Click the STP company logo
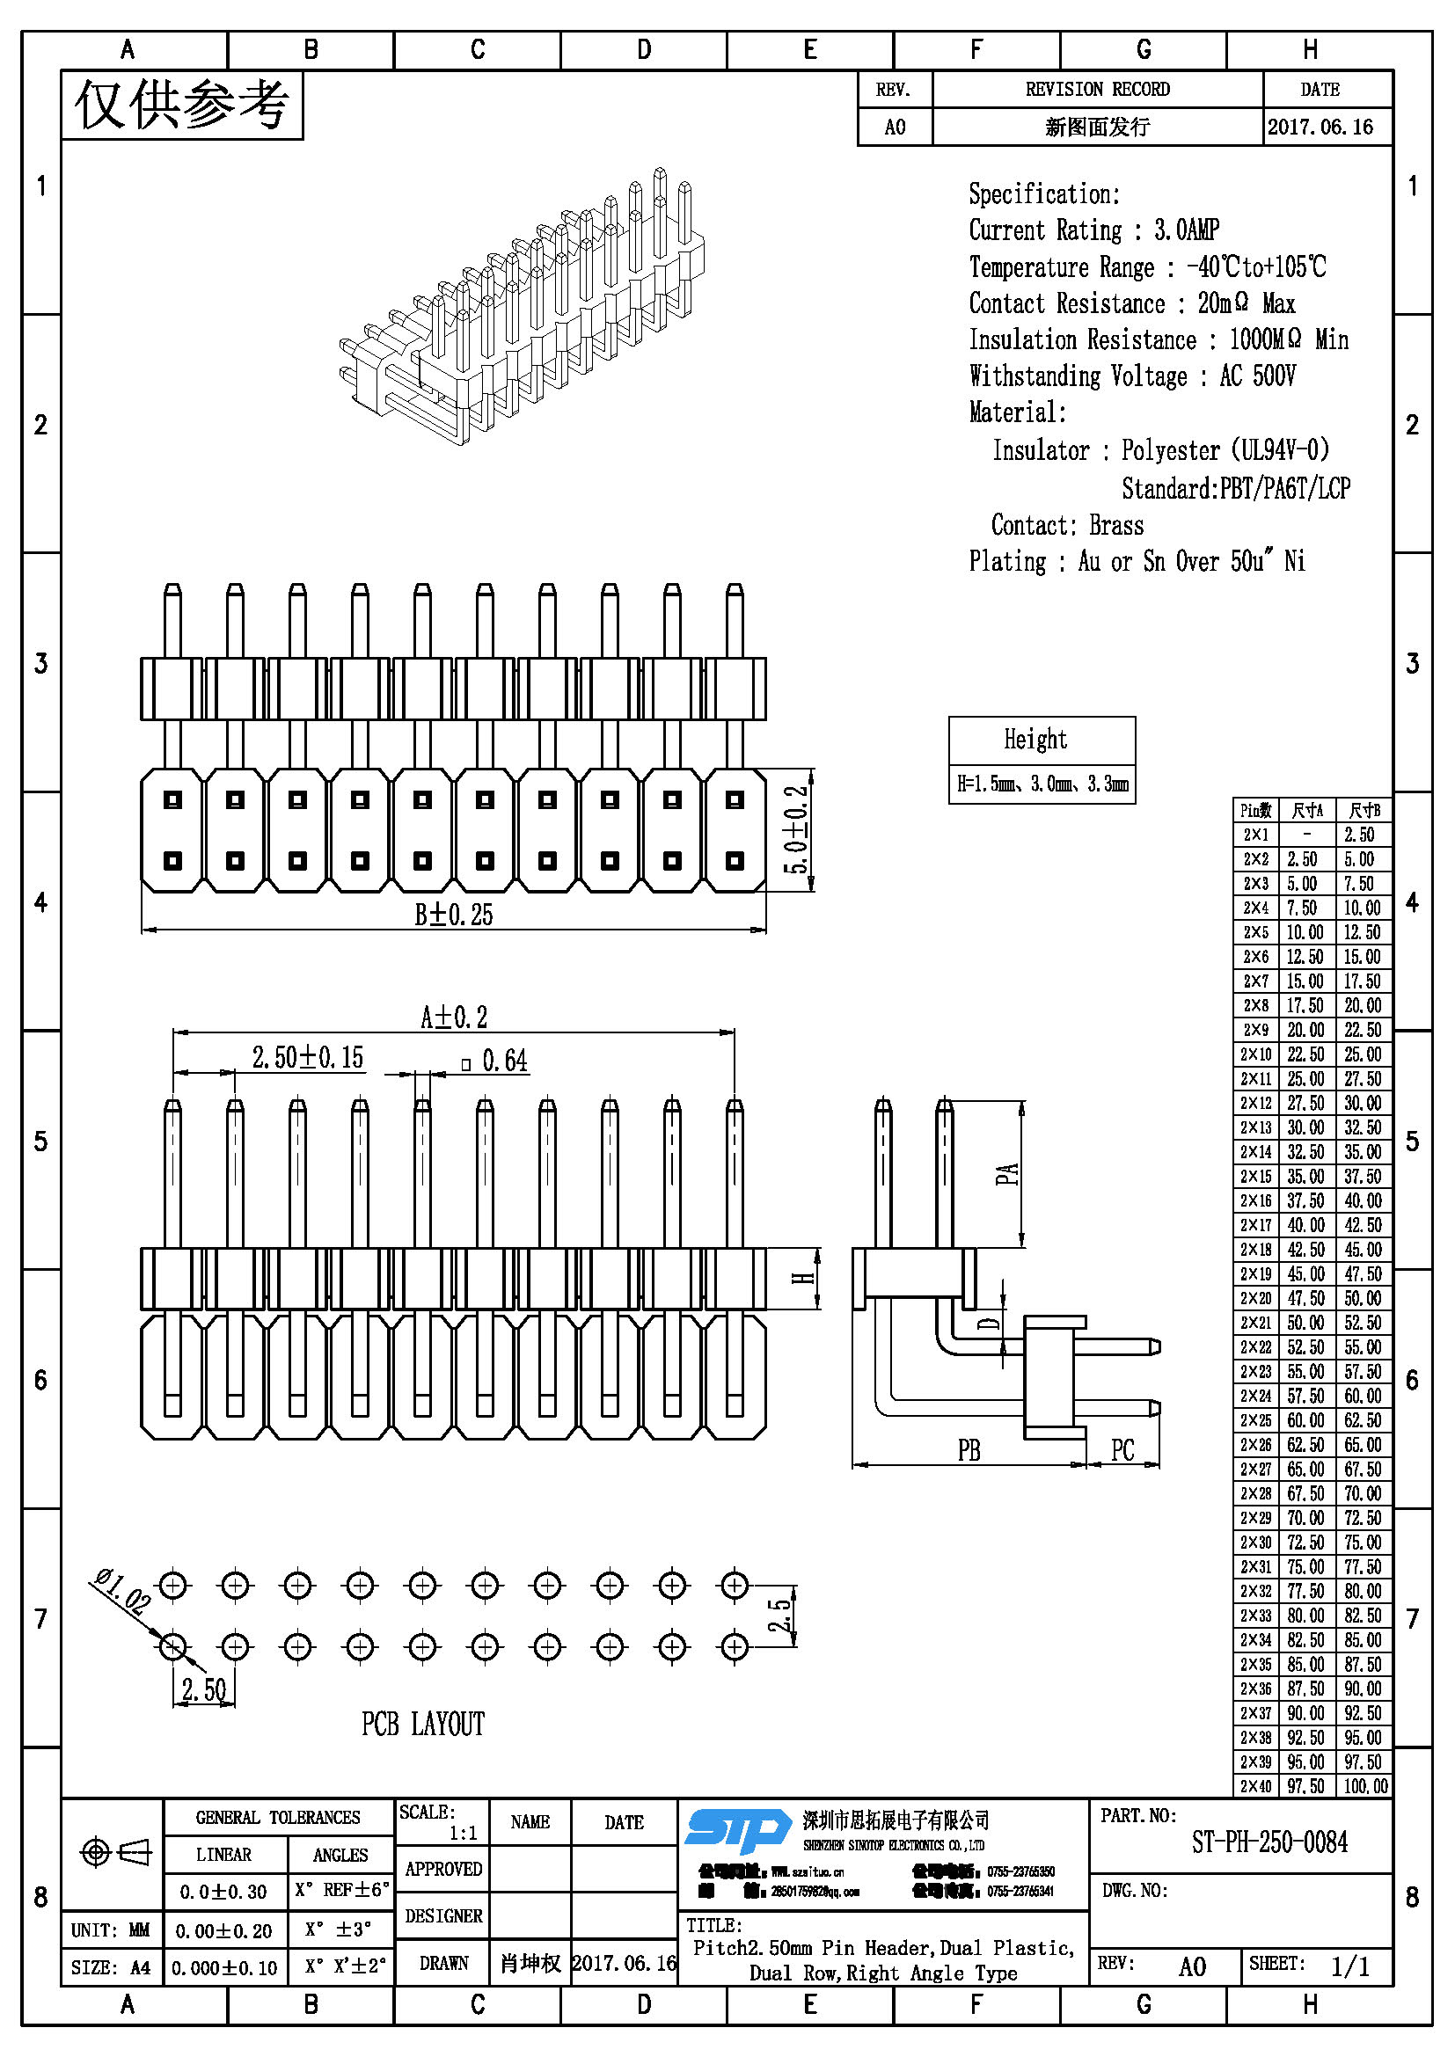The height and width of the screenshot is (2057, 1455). pos(736,1829)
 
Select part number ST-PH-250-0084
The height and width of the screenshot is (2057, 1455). pos(1269,1842)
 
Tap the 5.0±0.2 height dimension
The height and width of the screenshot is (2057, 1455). pos(796,829)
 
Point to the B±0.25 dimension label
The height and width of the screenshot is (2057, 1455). pos(453,915)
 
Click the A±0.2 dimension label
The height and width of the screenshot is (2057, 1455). pos(453,1018)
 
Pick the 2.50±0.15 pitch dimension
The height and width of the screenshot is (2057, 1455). pos(307,1058)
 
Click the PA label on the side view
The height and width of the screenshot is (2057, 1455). pos(1007,1174)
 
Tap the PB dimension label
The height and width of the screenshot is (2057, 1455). pos(969,1449)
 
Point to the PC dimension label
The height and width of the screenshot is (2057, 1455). pos(1122,1449)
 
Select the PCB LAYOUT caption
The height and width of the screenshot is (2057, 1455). pos(423,1724)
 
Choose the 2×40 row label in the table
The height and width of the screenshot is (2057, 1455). pos(1255,1785)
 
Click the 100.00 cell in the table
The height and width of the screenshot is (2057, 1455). pos(1364,1785)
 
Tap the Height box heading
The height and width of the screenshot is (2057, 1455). pos(1035,740)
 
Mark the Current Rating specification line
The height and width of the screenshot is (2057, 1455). pos(1093,230)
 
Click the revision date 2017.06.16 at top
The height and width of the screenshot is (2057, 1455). pos(1320,128)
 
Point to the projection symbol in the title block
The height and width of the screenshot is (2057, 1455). pos(115,1852)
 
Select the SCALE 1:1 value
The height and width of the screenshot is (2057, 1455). pos(463,1833)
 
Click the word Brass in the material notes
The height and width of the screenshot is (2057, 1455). pos(1115,525)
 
